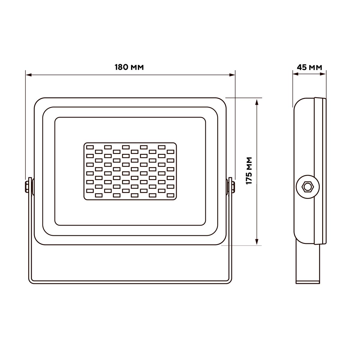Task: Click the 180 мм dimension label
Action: point(129,67)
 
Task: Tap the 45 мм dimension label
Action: point(310,67)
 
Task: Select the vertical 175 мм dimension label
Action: point(249,171)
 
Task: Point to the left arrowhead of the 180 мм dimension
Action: point(29,75)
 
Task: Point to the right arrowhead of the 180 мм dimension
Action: point(232,75)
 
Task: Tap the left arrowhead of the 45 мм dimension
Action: point(296,74)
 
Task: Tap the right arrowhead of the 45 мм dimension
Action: point(323,74)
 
